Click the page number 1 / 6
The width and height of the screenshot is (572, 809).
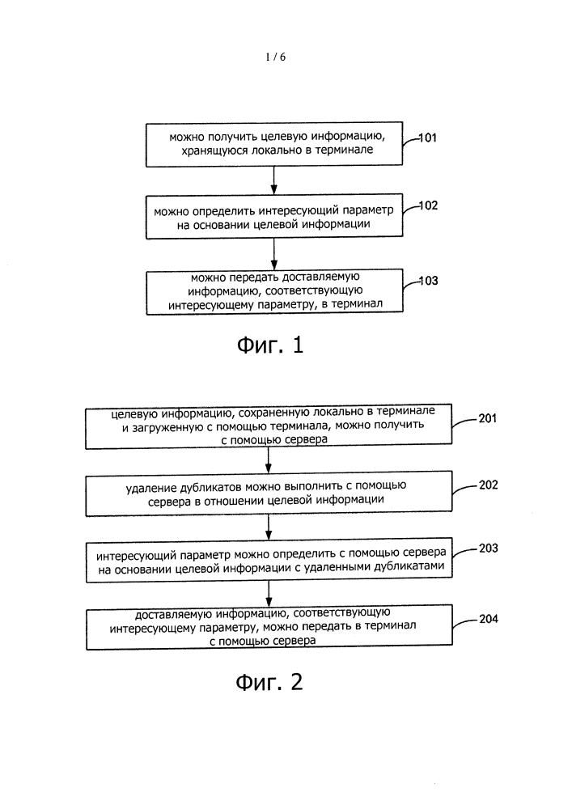pos(275,57)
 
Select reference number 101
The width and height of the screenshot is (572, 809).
pos(427,138)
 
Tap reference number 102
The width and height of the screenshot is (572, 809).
pos(428,205)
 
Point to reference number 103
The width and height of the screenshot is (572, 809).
pos(428,281)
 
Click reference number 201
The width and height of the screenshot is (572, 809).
pos(487,418)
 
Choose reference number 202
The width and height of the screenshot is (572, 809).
pos(488,485)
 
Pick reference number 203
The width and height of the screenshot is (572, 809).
pos(488,548)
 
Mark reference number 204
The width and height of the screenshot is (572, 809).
pos(489,619)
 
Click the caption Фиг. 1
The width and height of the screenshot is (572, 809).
pos(270,345)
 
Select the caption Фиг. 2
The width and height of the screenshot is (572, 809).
pos(269,682)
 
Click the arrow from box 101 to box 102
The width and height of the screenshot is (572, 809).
pos(274,180)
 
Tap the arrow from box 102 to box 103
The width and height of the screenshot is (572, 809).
pos(274,254)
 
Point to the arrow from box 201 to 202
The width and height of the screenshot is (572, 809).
pos(269,460)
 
